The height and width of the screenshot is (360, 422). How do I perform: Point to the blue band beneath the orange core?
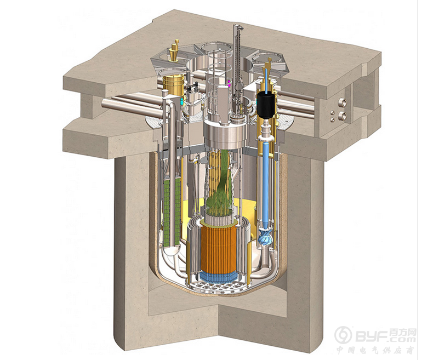[219, 278]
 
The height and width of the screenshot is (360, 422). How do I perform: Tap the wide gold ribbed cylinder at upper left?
[173, 85]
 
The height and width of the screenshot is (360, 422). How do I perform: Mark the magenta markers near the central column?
[229, 83]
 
